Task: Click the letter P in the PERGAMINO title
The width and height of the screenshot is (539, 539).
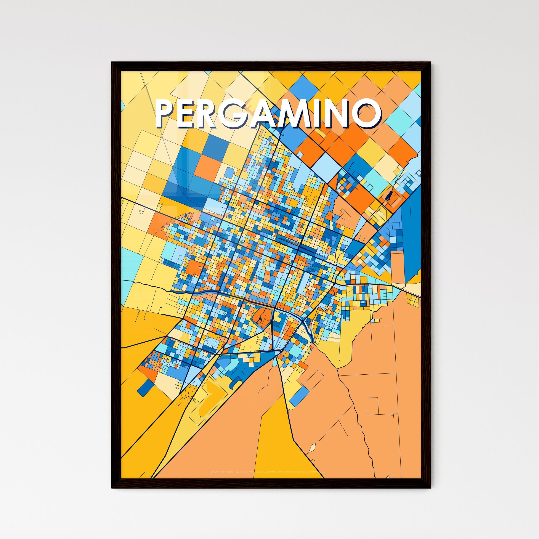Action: pos(165,114)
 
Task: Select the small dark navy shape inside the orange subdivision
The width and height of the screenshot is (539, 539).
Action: pos(388,196)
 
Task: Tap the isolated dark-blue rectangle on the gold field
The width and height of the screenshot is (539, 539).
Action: pos(145,386)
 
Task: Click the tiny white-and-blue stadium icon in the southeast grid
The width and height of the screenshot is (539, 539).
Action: pos(363,302)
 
